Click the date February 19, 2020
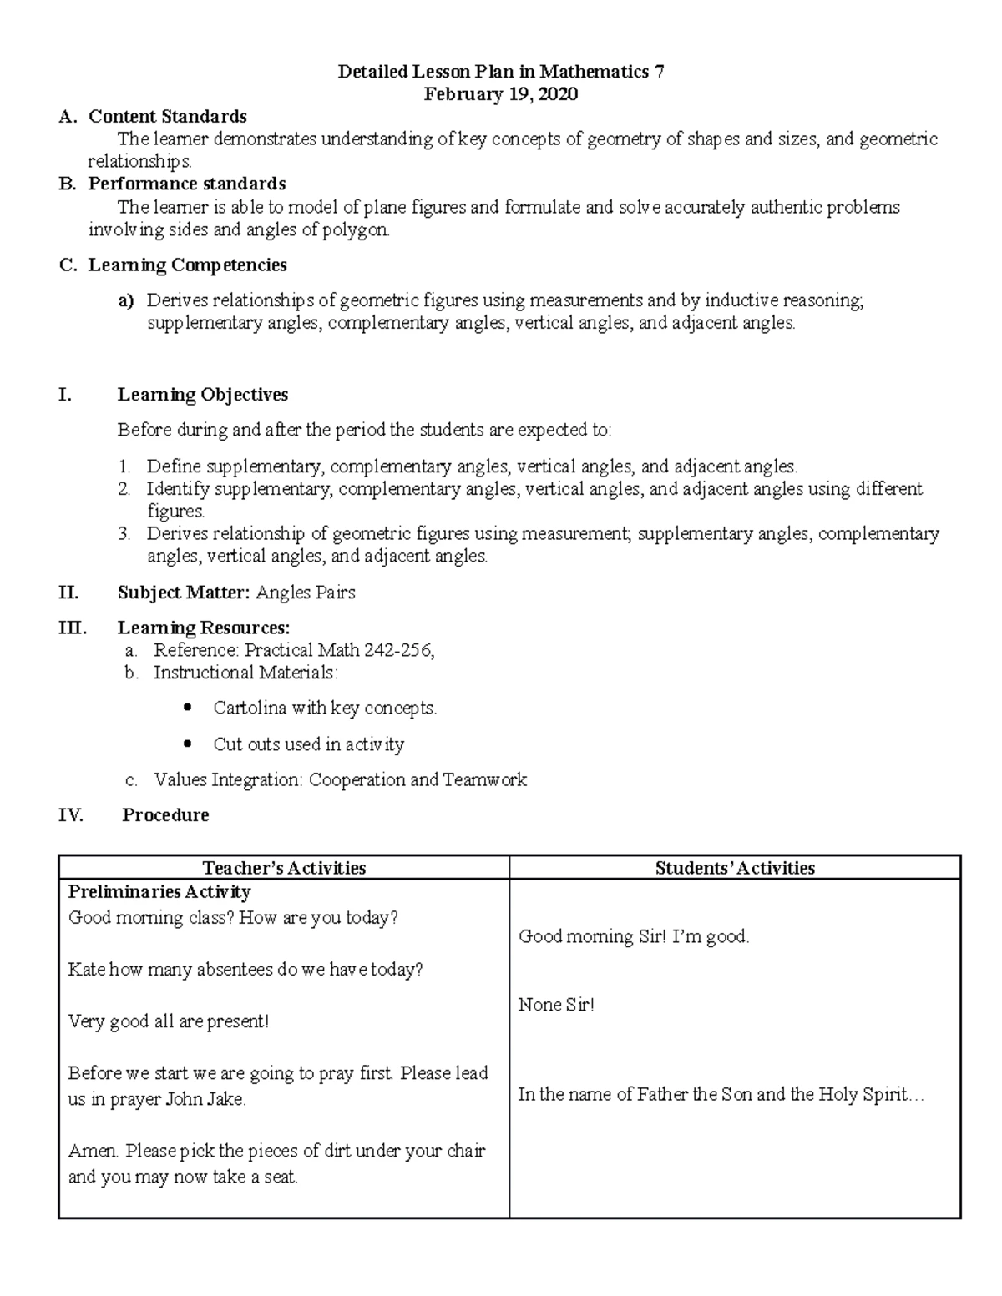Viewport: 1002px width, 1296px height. [x=500, y=94]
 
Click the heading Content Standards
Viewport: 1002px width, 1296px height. [x=167, y=116]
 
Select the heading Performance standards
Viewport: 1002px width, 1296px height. [x=187, y=184]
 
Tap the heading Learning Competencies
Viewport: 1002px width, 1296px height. [x=187, y=265]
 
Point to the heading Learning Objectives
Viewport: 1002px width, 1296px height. [x=203, y=395]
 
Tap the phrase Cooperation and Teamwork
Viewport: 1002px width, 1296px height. [x=417, y=780]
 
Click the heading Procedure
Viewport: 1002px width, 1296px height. [x=165, y=815]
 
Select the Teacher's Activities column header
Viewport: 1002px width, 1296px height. [x=284, y=868]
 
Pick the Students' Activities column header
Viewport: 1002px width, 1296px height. [x=735, y=868]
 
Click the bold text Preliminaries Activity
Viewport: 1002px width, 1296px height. [x=159, y=892]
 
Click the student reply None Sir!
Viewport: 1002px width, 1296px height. [x=556, y=1005]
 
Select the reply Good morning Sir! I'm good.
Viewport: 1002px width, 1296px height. [x=634, y=937]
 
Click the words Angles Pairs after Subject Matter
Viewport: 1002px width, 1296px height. [x=306, y=593]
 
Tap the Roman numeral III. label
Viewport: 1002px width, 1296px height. [x=72, y=628]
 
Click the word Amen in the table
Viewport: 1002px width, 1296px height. [x=93, y=1152]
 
